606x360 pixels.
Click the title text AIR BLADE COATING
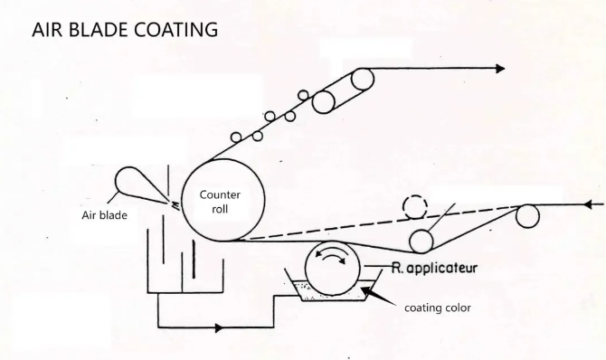[x=125, y=29]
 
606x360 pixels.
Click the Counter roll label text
[x=219, y=201]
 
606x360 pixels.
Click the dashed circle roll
[x=415, y=207]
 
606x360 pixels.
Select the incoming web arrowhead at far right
[x=591, y=205]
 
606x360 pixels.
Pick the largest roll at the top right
[x=363, y=80]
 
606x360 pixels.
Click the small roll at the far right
[x=526, y=216]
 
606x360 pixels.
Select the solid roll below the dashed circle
[x=420, y=242]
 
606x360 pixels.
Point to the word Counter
[x=219, y=194]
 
